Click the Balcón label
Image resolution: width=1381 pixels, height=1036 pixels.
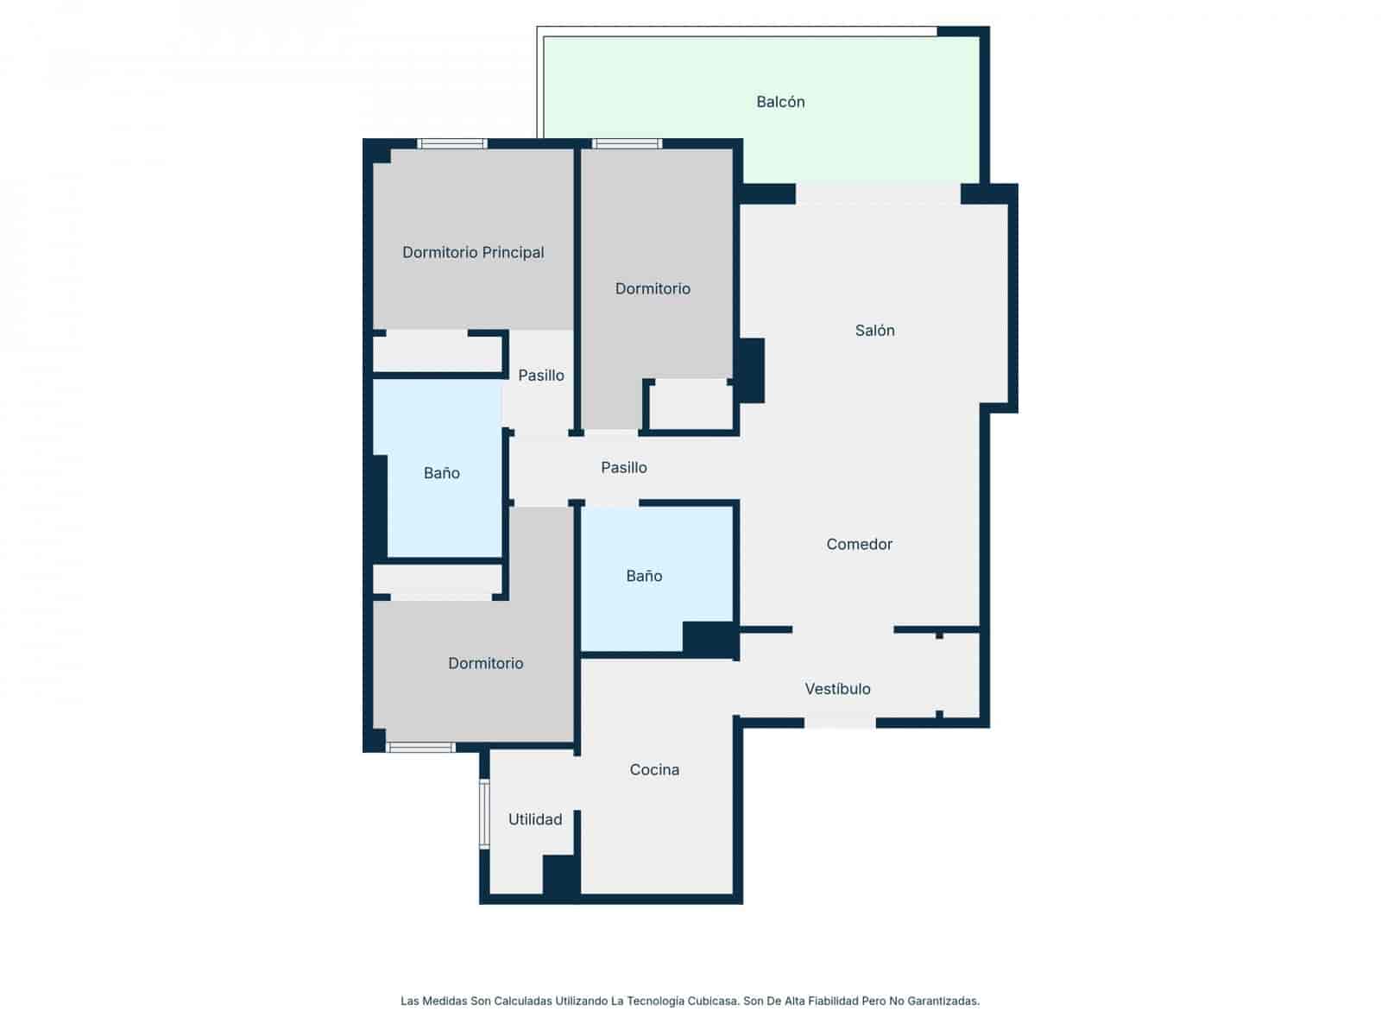tap(780, 102)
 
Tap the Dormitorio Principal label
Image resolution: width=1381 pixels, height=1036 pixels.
tap(473, 253)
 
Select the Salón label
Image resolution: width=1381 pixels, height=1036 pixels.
tap(874, 331)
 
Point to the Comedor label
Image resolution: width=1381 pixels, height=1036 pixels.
tap(859, 544)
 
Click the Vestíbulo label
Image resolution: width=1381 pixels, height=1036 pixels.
tap(837, 689)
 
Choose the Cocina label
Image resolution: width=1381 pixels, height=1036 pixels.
tap(654, 770)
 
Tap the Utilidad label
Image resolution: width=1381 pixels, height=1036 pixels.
tap(534, 820)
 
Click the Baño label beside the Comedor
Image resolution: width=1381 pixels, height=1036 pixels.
tap(644, 576)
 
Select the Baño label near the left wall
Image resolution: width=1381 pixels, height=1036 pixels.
tap(441, 473)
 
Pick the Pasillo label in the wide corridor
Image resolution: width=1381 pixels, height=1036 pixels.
tap(623, 468)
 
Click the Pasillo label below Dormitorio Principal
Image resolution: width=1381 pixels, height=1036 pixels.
tap(540, 376)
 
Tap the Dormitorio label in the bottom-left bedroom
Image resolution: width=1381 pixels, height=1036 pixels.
tap(485, 664)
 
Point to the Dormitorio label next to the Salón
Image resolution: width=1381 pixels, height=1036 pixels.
tap(653, 289)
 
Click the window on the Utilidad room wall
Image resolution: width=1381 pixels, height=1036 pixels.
tap(484, 814)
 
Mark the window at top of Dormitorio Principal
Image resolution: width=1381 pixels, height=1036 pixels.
tap(452, 143)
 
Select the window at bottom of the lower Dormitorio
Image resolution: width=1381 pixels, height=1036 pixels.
tap(420, 748)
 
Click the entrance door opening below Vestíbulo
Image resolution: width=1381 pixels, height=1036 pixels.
tap(839, 723)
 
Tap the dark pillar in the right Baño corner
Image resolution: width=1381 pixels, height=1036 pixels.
tap(709, 639)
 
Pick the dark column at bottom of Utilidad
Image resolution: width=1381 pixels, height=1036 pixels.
tap(560, 875)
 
